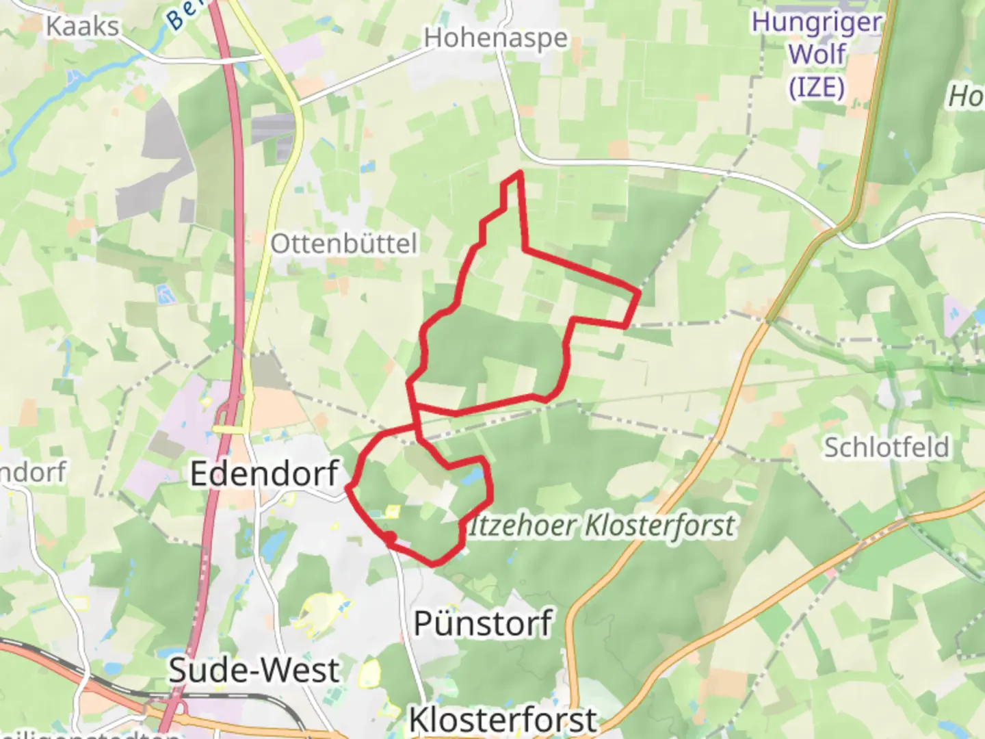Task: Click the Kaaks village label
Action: [83, 27]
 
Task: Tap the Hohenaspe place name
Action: [495, 38]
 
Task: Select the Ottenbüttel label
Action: [343, 244]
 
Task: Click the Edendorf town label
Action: [264, 474]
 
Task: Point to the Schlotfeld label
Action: [886, 448]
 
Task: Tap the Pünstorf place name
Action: [483, 623]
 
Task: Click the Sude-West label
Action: [254, 671]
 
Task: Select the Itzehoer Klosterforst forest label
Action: [602, 526]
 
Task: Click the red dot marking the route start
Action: [389, 538]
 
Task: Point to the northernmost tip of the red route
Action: [520, 173]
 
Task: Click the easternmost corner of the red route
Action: [638, 293]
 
